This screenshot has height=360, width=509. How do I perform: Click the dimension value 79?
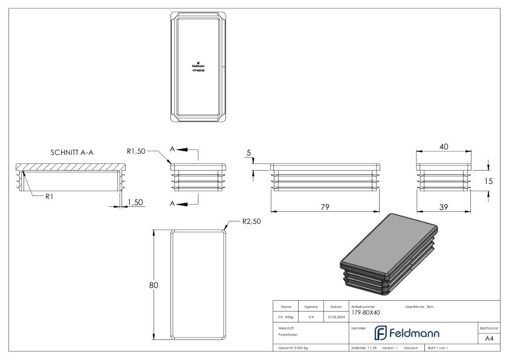(324, 207)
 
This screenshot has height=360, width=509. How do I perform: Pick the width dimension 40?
(444, 146)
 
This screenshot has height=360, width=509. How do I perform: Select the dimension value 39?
(444, 207)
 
